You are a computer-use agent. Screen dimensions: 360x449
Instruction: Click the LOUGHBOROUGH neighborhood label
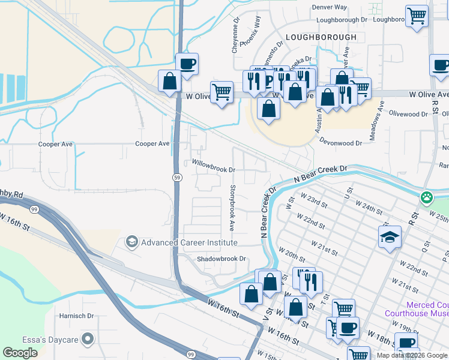(x=321, y=37)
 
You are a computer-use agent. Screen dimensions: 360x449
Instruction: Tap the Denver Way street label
(x=331, y=7)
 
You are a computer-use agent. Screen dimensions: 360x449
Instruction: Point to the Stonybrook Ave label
(x=232, y=208)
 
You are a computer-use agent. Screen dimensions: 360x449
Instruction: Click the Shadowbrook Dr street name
(x=222, y=259)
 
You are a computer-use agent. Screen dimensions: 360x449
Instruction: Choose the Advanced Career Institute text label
(x=189, y=242)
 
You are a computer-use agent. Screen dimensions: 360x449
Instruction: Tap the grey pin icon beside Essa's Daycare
(x=88, y=340)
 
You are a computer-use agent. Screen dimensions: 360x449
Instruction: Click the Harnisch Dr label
(x=76, y=316)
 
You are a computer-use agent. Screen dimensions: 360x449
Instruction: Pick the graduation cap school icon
(x=390, y=236)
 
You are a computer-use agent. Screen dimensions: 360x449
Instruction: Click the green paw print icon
(x=427, y=196)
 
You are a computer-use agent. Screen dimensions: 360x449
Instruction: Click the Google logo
(x=20, y=353)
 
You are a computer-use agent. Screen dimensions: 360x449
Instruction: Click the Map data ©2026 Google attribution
(x=412, y=355)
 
